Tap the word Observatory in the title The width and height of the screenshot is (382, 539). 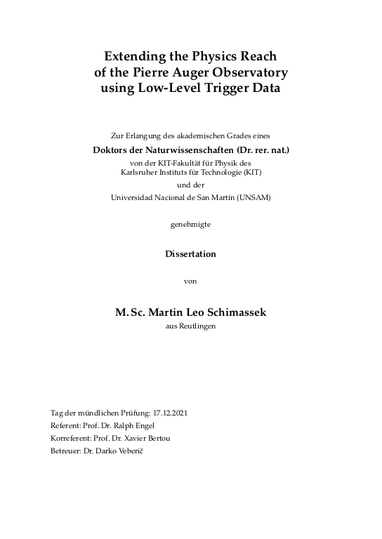click(249, 72)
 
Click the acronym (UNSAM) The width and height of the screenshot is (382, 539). click(253, 197)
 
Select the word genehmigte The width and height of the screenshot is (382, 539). click(190, 224)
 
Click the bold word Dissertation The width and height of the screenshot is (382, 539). click(190, 254)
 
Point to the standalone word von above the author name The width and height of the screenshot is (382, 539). click(190, 281)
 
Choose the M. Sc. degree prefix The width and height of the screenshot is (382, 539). click(130, 312)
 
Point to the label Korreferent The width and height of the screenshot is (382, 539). click(70, 438)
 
